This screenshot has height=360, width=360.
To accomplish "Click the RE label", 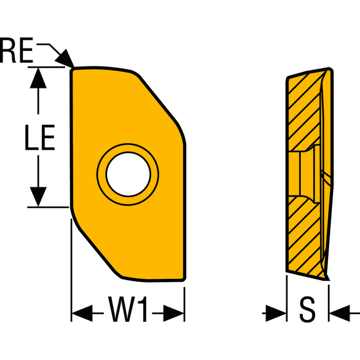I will [17, 52].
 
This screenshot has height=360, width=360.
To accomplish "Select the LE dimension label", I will [40, 139].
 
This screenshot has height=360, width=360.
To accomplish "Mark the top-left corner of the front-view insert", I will [73, 70].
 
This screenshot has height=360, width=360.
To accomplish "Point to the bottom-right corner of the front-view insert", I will [184, 280].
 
